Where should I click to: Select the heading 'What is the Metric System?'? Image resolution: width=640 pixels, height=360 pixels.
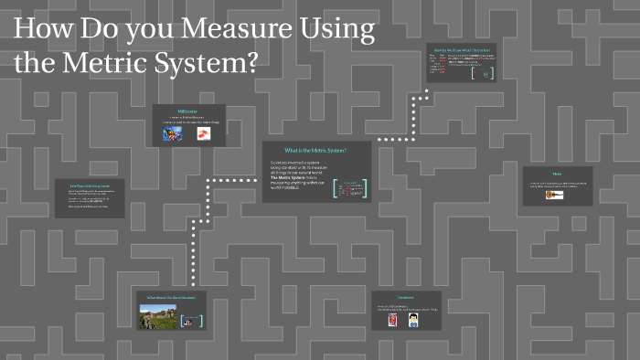tap(315, 149)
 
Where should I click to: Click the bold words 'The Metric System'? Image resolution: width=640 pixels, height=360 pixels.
tap(293, 178)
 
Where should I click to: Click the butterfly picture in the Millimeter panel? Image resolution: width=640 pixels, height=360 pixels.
tap(172, 133)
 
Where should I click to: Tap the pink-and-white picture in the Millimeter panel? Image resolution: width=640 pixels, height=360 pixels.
tap(202, 133)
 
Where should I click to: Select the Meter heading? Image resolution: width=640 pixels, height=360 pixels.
tap(557, 174)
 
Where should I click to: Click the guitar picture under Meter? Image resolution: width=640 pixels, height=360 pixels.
tap(554, 194)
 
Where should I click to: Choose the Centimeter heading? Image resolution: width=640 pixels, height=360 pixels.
tap(406, 297)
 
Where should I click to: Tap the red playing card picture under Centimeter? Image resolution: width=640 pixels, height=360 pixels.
tap(393, 321)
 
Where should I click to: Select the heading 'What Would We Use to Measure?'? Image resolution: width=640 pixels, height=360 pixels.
tap(171, 298)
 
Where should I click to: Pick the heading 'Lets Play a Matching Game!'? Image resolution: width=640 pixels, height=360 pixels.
tap(90, 185)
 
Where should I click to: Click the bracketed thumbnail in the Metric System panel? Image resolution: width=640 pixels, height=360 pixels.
tap(349, 189)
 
